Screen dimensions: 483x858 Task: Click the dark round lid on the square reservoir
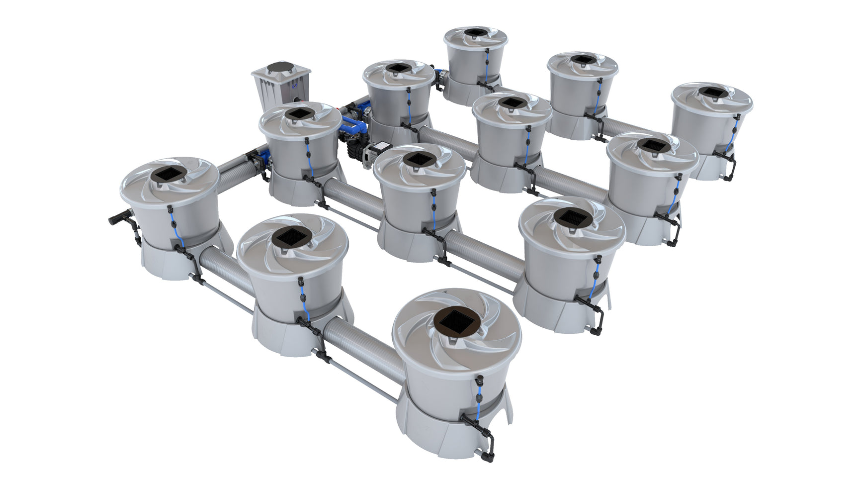(x=281, y=67)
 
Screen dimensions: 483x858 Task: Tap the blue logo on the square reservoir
(x=296, y=86)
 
